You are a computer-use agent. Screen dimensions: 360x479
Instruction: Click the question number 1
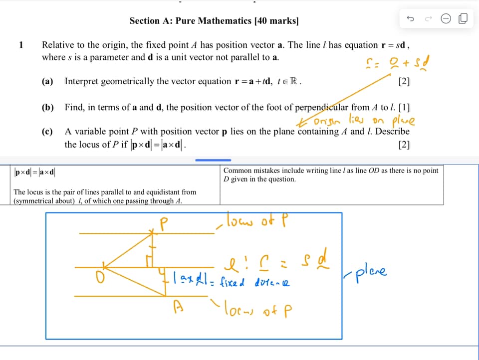pos(21,45)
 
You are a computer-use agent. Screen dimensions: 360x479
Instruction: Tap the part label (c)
pos(48,132)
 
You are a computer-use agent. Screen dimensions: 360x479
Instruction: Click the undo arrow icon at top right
pos(411,19)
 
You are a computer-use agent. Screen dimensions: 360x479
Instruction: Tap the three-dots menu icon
pos(446,19)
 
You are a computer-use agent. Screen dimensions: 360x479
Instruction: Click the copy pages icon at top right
pos(463,19)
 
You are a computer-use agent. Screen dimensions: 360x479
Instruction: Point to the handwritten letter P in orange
pos(162,223)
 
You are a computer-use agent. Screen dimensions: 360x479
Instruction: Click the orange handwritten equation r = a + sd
pos(398,63)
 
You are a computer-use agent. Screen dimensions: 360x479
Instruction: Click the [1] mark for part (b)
pos(405,107)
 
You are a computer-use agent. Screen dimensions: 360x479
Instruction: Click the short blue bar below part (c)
pos(213,160)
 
